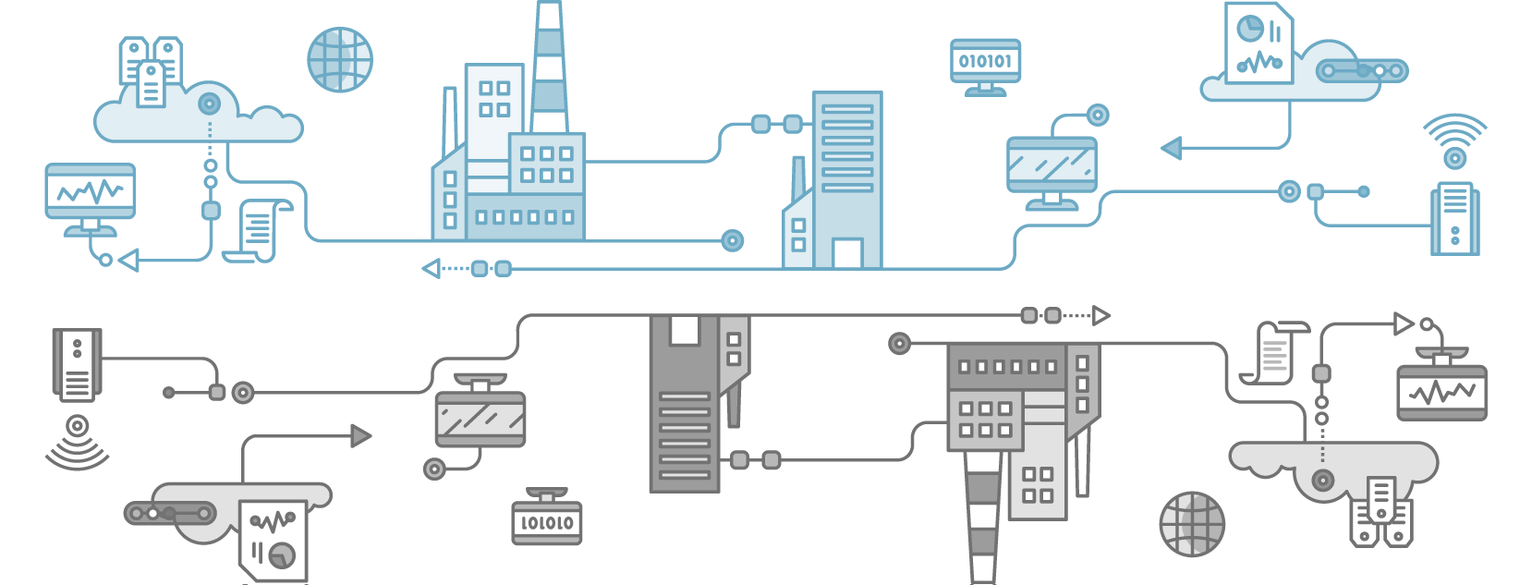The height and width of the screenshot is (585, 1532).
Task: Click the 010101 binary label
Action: (985, 61)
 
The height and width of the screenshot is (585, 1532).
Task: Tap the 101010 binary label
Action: (546, 523)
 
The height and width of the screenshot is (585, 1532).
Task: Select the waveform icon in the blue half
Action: (91, 191)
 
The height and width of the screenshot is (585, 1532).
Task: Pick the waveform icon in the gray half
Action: (1441, 393)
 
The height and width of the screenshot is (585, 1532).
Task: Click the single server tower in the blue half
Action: (1454, 218)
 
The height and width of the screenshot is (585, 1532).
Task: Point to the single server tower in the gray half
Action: (77, 365)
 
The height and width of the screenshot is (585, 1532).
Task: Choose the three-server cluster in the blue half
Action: (151, 72)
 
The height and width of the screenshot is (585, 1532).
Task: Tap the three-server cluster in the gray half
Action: (1381, 512)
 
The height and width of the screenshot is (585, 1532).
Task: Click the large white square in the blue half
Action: (847, 253)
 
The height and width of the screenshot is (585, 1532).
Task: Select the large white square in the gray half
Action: (685, 330)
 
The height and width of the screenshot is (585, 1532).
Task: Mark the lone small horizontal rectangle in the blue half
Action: (1052, 198)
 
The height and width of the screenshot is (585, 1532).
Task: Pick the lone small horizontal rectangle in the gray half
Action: (480, 386)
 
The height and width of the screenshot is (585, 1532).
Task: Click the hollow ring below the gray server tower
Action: (78, 426)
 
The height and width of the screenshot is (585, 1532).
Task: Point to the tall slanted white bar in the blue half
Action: (450, 122)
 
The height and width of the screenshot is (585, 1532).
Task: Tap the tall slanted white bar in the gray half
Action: (1082, 461)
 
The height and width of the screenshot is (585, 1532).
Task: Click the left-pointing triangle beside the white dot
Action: (130, 261)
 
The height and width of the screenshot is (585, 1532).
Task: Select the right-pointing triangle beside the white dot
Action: (1402, 323)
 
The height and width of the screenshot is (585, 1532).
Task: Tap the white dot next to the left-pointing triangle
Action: (106, 261)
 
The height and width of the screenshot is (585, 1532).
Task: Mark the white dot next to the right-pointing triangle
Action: (1427, 324)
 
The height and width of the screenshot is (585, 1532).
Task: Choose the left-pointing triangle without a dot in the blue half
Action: (432, 269)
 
